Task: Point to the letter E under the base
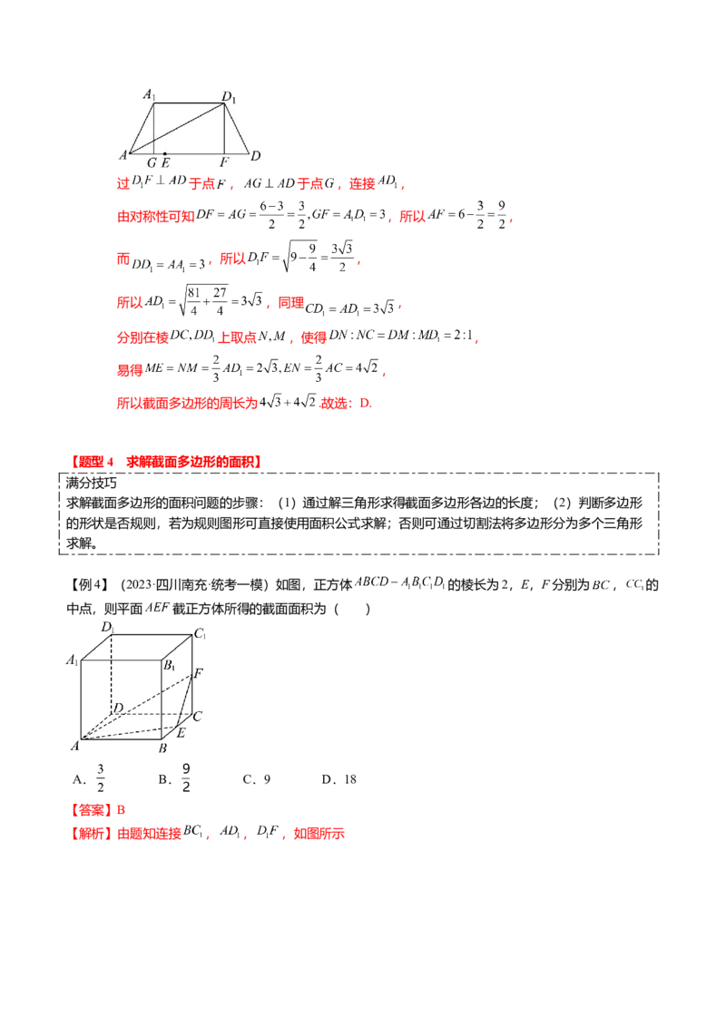coord(165,162)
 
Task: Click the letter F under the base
coord(224,162)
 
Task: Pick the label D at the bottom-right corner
coord(256,155)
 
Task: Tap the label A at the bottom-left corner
coord(123,155)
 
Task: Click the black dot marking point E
coord(164,153)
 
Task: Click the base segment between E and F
coord(194,153)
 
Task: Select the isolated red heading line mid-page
coord(167,462)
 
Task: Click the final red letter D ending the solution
coord(368,404)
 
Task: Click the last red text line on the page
coord(209,832)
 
